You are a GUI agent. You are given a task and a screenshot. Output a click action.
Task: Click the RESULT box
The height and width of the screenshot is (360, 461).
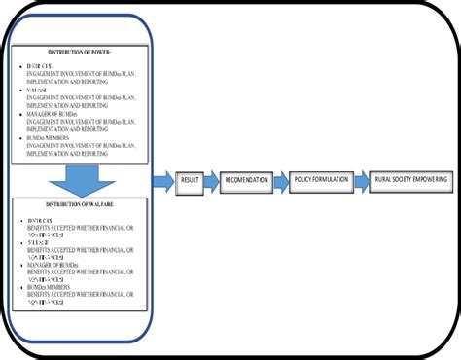pyautogui.click(x=191, y=181)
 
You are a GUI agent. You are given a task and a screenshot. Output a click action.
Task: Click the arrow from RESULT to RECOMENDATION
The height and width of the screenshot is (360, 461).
pyautogui.click(x=213, y=181)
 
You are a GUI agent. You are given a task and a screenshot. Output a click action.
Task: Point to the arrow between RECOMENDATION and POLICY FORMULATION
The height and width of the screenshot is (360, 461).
pyautogui.click(x=280, y=181)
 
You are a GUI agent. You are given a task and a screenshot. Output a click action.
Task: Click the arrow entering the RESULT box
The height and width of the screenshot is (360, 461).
pyautogui.click(x=161, y=181)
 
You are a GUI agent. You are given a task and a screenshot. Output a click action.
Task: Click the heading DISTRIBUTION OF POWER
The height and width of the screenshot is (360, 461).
pyautogui.click(x=80, y=51)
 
